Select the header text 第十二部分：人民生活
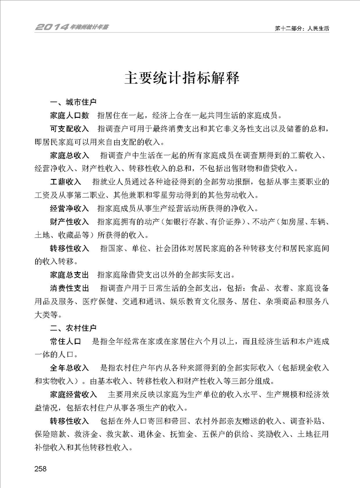pyautogui.click(x=302, y=28)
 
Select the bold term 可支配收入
pyautogui.click(x=70, y=130)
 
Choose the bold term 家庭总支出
pyautogui.click(x=70, y=275)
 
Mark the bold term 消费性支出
pyautogui.click(x=70, y=288)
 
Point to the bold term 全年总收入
pyautogui.click(x=70, y=367)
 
